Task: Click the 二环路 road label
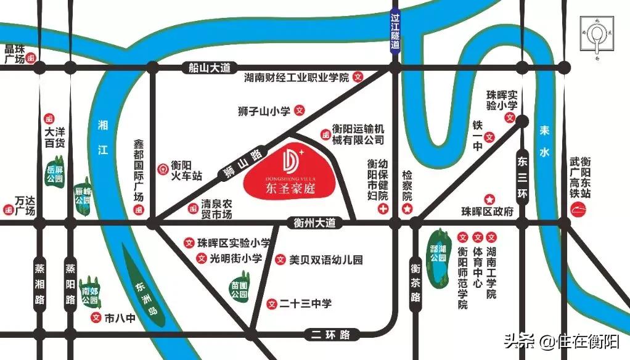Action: point(330,335)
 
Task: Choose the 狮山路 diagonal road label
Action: point(243,164)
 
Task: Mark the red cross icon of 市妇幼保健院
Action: point(383,210)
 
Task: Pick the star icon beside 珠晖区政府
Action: point(489,199)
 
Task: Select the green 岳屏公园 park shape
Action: point(55,174)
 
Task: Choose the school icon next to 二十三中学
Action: point(272,303)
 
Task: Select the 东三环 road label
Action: point(523,178)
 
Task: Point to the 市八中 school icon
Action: point(96,318)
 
